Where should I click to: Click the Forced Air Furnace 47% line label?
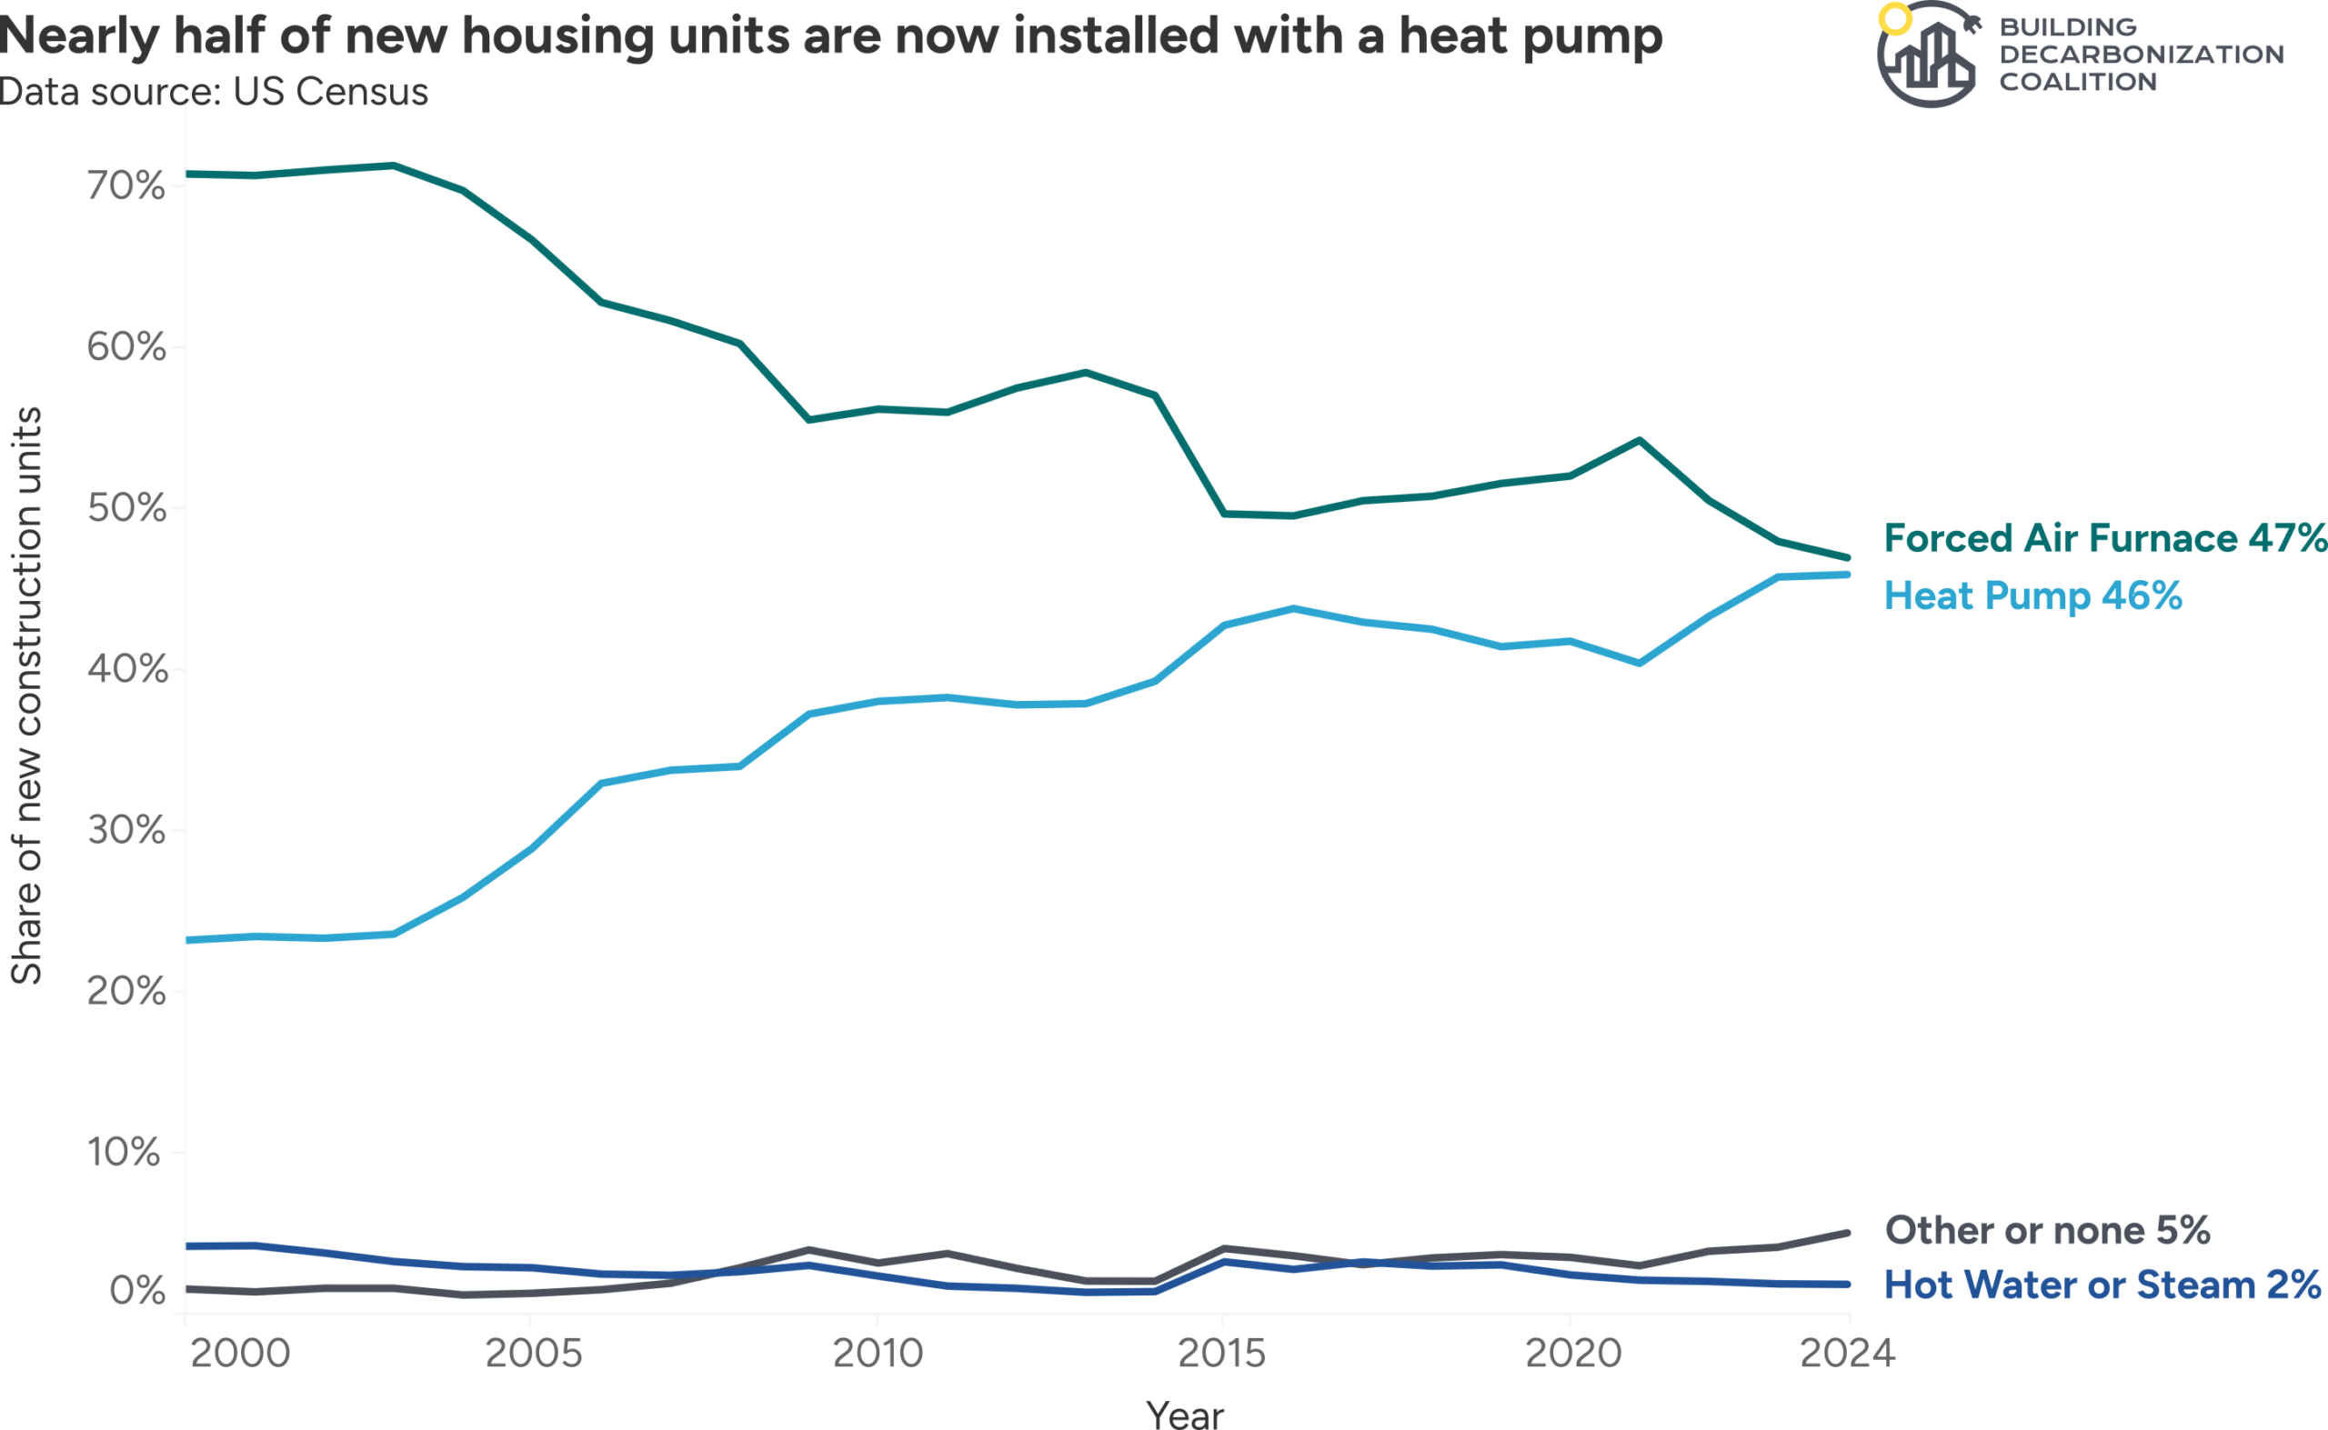click(x=2105, y=538)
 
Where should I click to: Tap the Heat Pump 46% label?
click(x=2032, y=596)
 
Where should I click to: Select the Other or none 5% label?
click(x=2048, y=1230)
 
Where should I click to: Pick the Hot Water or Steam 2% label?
click(x=2102, y=1285)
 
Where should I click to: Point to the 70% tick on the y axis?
click(x=126, y=186)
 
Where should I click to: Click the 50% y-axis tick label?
click(x=126, y=509)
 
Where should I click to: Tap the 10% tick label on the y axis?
click(x=124, y=1153)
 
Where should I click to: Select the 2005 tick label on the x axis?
click(x=534, y=1355)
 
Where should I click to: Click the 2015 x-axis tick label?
click(x=1221, y=1355)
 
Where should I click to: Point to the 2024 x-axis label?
click(x=1848, y=1355)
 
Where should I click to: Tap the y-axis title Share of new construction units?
click(x=26, y=696)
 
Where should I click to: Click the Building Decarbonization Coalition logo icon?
click(x=1927, y=55)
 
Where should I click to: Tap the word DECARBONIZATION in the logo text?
click(x=2142, y=55)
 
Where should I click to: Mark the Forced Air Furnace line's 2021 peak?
click(x=1640, y=441)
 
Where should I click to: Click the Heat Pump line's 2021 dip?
click(x=1640, y=663)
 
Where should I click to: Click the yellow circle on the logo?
click(x=1895, y=19)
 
